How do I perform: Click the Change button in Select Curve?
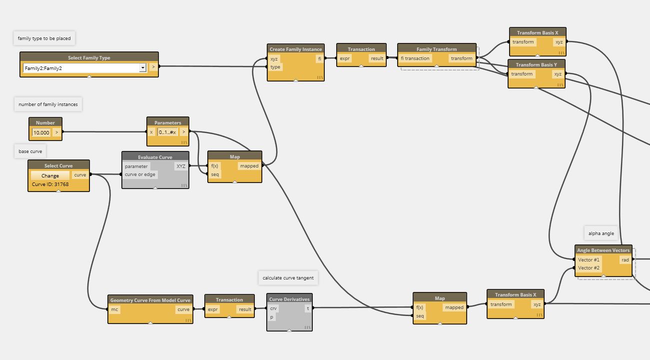[50, 175]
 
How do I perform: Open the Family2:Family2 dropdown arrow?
[142, 67]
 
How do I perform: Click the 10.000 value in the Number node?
[41, 132]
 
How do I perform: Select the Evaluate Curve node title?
[155, 157]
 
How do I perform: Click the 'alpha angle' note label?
[601, 233]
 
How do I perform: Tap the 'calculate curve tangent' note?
[288, 278]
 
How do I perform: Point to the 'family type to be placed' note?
[44, 38]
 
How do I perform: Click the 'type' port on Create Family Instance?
[275, 67]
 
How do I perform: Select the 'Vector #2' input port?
[589, 268]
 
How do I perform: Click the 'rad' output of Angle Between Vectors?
[625, 260]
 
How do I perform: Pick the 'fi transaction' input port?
[415, 58]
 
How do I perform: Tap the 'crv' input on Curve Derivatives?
[273, 308]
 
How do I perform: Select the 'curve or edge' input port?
[140, 174]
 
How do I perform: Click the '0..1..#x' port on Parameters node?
[167, 132]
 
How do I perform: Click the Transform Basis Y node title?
[536, 64]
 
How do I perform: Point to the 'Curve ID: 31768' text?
[50, 184]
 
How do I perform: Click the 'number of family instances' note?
[48, 104]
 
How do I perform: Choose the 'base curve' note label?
[31, 151]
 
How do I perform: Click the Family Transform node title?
[437, 49]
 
